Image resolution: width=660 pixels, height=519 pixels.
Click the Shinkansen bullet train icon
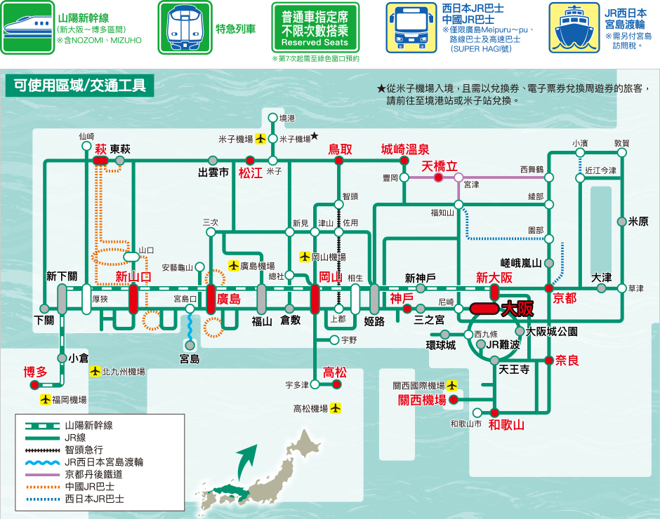27,27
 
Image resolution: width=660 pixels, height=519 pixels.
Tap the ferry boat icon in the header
574,28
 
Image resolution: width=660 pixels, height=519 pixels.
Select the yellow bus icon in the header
411,28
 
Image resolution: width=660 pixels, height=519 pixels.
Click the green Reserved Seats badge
315,28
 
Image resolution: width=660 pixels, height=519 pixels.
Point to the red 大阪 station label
517,309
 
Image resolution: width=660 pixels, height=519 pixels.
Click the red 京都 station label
565,298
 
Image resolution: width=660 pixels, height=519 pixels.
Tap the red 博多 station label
35,372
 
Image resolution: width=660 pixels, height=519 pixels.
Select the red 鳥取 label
340,149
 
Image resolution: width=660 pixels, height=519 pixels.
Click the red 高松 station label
335,372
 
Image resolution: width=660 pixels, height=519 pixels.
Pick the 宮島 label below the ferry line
190,359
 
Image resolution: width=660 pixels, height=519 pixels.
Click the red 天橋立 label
440,166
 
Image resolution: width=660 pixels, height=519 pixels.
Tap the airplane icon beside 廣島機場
234,265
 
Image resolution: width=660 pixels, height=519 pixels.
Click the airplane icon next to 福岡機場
46,400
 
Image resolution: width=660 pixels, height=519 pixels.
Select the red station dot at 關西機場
454,400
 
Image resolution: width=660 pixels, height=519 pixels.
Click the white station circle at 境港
272,118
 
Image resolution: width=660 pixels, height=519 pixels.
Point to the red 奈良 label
567,360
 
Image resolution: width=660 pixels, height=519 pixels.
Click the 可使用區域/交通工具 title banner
79,86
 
